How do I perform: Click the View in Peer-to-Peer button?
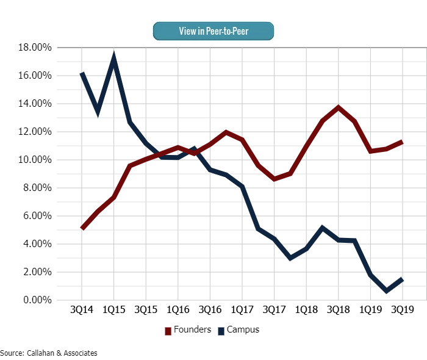point(213,31)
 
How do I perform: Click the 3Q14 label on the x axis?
point(82,309)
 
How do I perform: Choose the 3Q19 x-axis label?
point(401,309)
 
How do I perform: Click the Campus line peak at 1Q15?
point(114,59)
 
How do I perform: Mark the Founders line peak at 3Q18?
point(338,107)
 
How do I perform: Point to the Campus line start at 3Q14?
point(82,74)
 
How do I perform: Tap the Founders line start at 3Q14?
point(82,228)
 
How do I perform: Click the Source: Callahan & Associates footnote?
point(49,353)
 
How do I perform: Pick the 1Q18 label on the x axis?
point(306,309)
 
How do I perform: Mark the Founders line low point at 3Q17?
point(274,179)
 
